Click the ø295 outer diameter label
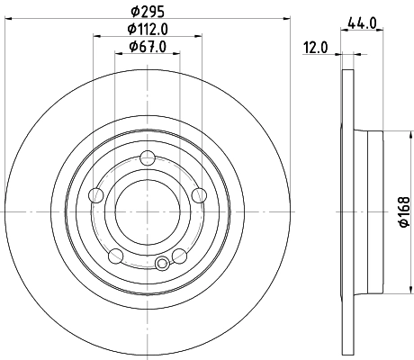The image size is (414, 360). pyautogui.click(x=148, y=10)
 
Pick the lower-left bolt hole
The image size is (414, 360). pyautogui.click(x=114, y=256)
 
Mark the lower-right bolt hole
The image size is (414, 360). pyautogui.click(x=181, y=256)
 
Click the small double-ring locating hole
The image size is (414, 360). pyautogui.click(x=162, y=264)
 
